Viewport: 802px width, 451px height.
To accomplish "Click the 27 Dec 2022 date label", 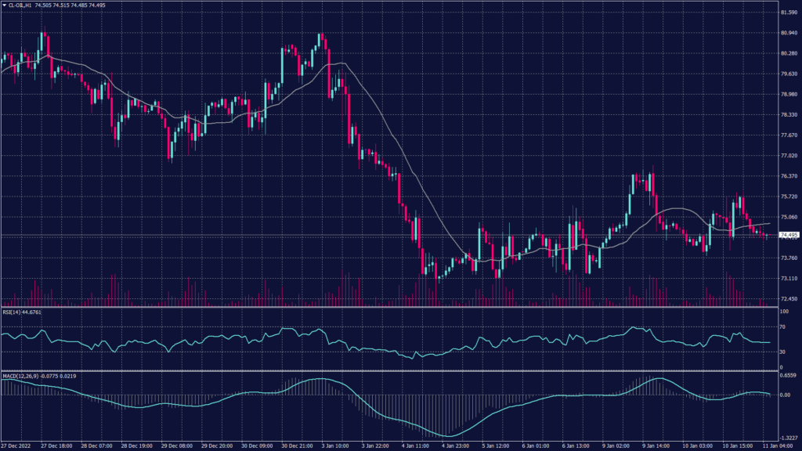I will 16,446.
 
